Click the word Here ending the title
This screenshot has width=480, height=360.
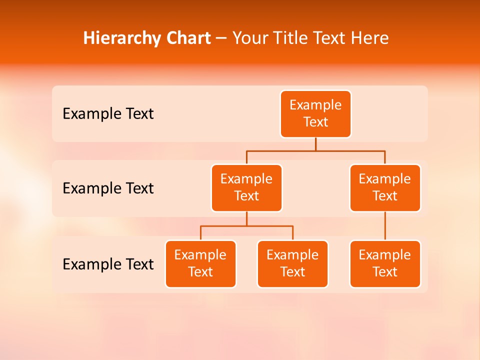[370, 38]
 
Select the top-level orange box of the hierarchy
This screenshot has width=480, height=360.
[315, 114]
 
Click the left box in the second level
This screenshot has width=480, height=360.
[246, 188]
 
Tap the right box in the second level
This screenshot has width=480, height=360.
[385, 188]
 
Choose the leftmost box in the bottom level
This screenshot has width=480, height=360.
[200, 264]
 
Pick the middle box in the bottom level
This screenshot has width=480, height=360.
[292, 264]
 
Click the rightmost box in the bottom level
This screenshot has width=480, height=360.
[385, 264]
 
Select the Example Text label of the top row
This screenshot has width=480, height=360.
[108, 114]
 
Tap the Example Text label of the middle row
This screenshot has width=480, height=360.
[108, 188]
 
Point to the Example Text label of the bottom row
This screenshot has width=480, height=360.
[108, 264]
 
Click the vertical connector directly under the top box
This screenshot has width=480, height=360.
[315, 144]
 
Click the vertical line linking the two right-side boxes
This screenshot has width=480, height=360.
[385, 226]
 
